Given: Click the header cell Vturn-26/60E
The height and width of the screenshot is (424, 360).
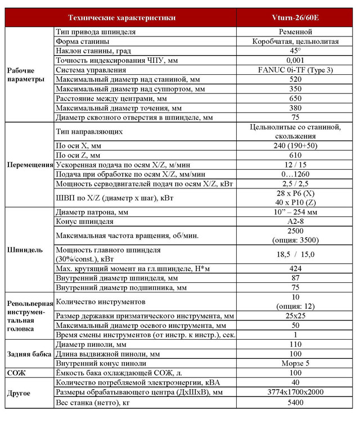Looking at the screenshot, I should point(295,17).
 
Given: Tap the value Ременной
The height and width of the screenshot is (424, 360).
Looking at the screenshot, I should point(295,32).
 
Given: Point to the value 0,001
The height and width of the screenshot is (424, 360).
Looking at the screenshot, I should point(295,60).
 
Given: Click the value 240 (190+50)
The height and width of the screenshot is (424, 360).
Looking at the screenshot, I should point(295,145).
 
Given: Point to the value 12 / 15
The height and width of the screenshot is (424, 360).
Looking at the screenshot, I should point(295,164).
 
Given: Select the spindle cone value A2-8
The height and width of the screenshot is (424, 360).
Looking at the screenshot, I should point(295,222).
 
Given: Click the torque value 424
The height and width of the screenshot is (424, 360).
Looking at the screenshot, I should point(295,268).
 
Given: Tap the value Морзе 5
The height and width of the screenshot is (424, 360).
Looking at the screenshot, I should point(295,363).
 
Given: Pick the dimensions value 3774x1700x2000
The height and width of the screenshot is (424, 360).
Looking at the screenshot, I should point(295,392).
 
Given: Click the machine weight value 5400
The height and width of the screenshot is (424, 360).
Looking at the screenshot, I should point(295,403).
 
